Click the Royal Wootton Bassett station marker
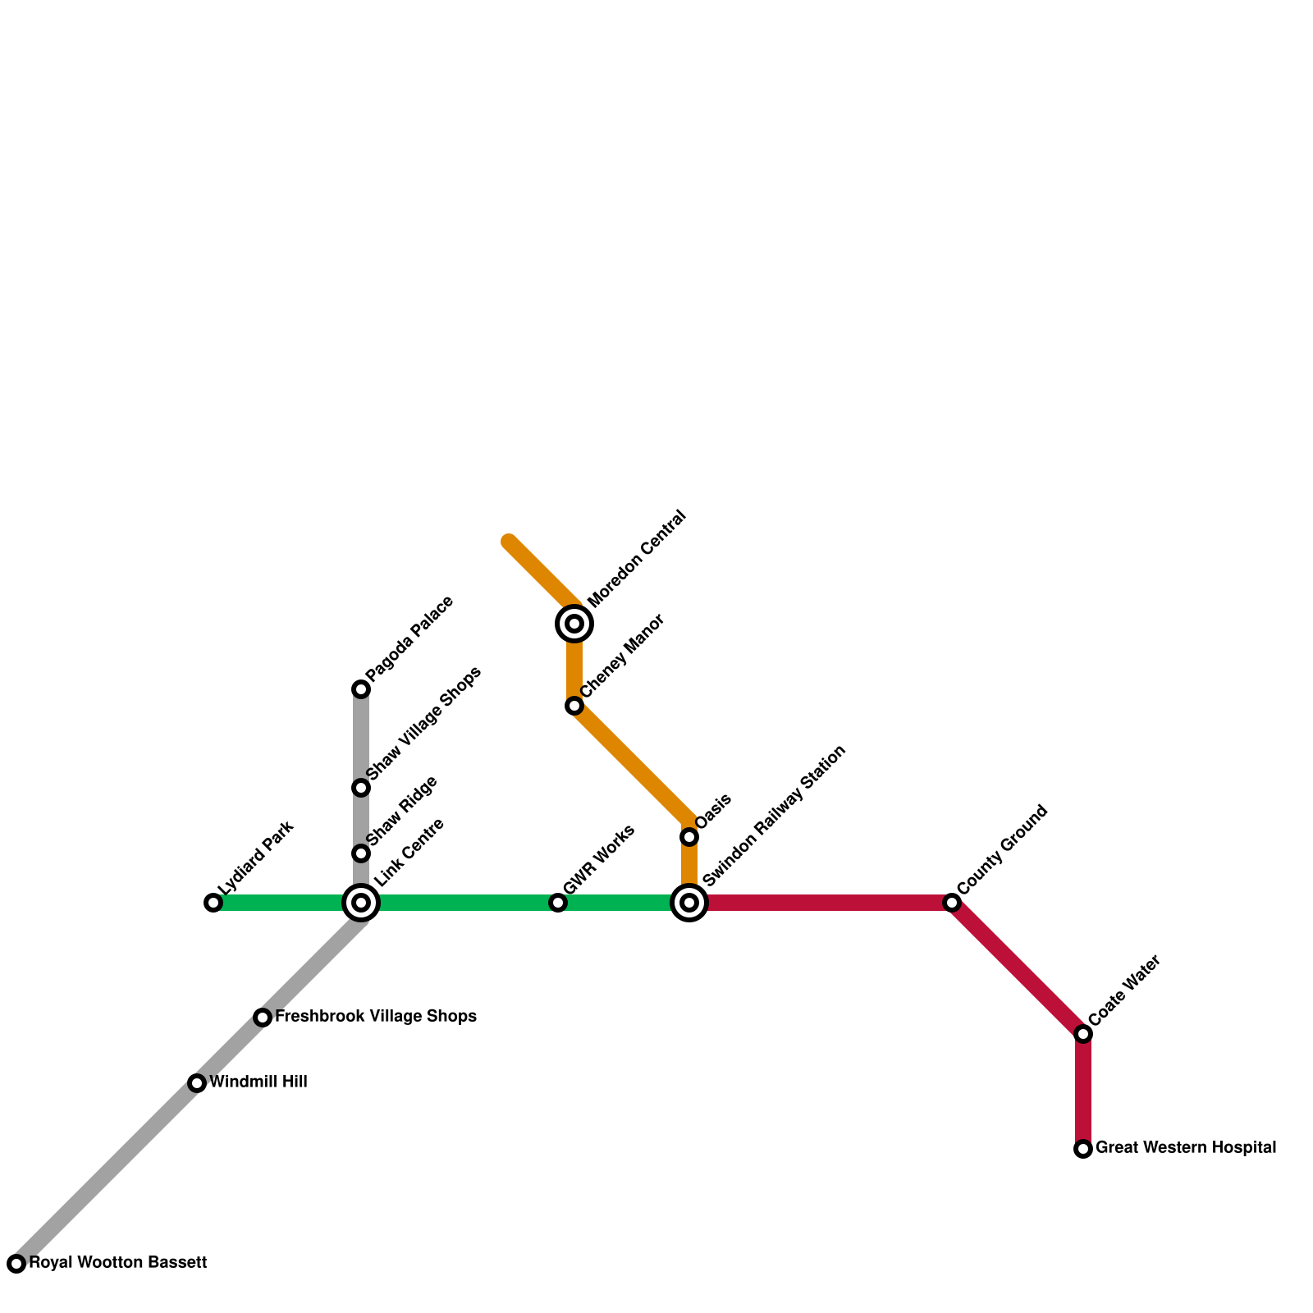pyautogui.click(x=16, y=1264)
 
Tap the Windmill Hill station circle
pyautogui.click(x=197, y=1083)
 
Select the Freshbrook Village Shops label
pyautogui.click(x=376, y=1017)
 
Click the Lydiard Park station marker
pyautogui.click(x=213, y=903)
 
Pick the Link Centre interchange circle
pyautogui.click(x=361, y=903)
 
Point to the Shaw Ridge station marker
pyautogui.click(x=361, y=853)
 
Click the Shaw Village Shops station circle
pyautogui.click(x=361, y=788)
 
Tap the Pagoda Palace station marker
pyautogui.click(x=361, y=689)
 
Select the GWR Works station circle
pyautogui.click(x=558, y=903)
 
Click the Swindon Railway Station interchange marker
pyautogui.click(x=689, y=903)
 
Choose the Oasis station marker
pyautogui.click(x=689, y=837)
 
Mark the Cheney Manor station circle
pyautogui.click(x=574, y=706)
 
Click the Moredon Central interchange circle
pyautogui.click(x=574, y=624)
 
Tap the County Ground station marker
pyautogui.click(x=952, y=903)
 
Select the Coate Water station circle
pyautogui.click(x=1083, y=1034)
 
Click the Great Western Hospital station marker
pyautogui.click(x=1083, y=1149)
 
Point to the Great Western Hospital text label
pyautogui.click(x=1186, y=1148)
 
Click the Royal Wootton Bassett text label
pyautogui.click(x=117, y=1263)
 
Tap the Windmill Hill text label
pyautogui.click(x=258, y=1082)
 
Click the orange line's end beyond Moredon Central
pyautogui.click(x=510, y=542)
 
